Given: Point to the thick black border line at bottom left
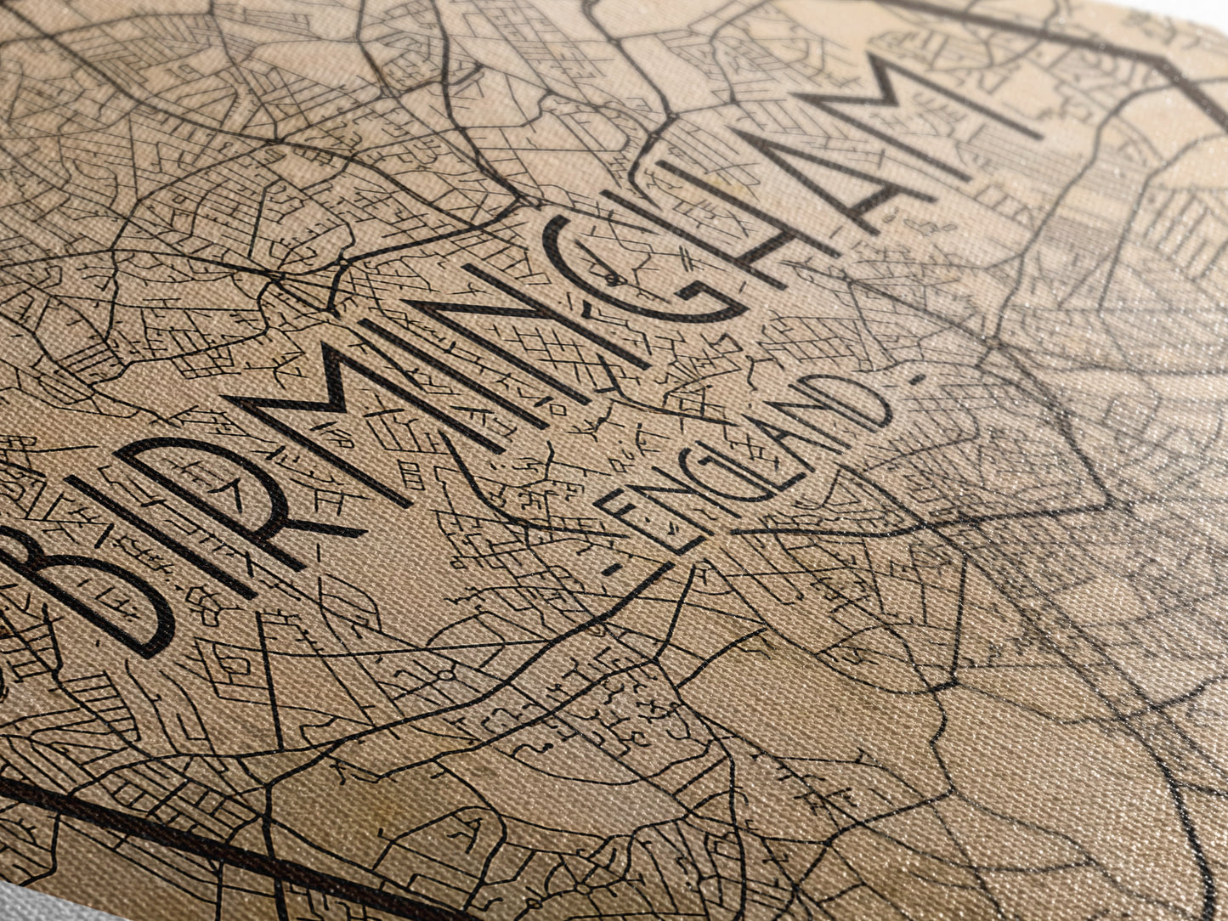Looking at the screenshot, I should (x=170, y=833).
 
